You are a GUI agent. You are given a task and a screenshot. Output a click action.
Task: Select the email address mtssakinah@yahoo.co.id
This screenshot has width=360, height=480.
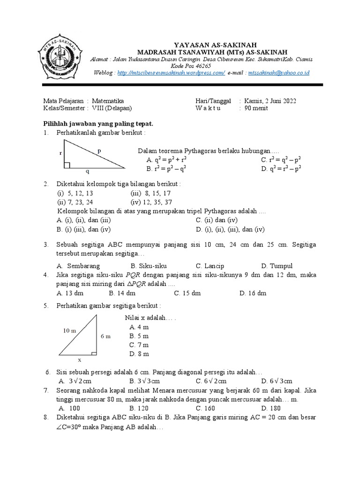[278, 73]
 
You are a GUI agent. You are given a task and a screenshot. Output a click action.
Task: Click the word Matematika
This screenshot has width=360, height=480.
[108, 101]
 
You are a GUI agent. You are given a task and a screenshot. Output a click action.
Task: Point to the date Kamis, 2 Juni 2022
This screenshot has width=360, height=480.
[270, 101]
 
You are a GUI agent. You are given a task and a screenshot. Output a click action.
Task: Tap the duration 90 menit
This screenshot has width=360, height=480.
[257, 108]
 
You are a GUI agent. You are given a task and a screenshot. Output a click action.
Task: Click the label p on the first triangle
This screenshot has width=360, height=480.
[99, 150]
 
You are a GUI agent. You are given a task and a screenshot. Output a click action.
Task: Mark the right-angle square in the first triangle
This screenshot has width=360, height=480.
[67, 165]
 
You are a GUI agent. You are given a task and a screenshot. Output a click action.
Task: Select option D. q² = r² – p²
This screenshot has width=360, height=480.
[281, 168]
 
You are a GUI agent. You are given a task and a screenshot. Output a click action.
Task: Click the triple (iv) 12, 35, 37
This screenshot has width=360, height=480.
[151, 202]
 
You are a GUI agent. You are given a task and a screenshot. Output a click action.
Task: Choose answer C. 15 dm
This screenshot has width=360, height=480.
[187, 293]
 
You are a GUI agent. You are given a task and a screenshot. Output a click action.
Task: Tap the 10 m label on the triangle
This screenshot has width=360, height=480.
[69, 330]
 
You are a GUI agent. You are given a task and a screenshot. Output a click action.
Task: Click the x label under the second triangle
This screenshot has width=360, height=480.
[79, 360]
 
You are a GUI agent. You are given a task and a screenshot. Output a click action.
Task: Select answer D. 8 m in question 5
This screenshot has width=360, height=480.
[139, 353]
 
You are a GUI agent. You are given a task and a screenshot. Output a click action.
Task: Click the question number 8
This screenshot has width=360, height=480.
[46, 417]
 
